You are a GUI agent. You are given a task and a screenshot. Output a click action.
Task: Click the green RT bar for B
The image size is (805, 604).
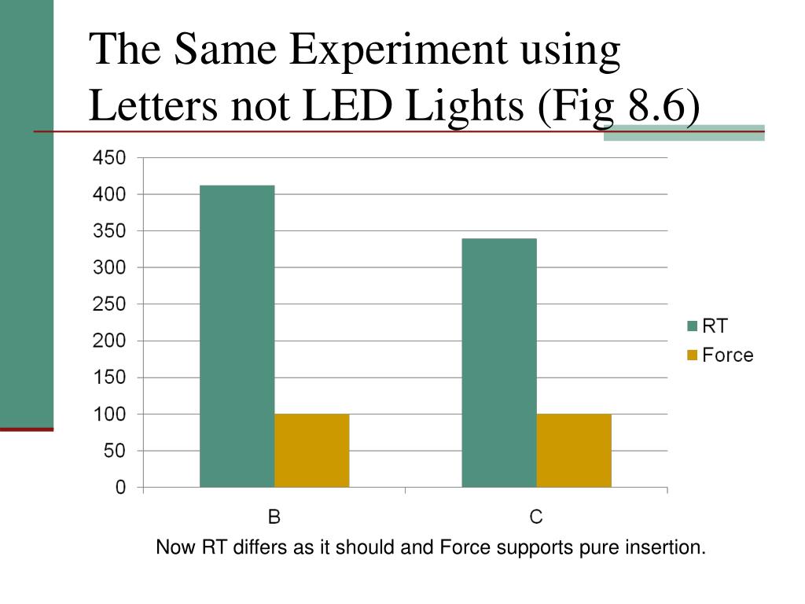[237, 337]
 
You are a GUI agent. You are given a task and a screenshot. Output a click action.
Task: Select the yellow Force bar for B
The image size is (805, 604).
[311, 451]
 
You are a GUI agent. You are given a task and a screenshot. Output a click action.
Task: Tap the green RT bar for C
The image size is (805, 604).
[498, 363]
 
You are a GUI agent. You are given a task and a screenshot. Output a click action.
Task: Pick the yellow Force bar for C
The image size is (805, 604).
[573, 451]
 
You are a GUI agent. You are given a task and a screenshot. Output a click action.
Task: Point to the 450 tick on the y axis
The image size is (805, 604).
[109, 158]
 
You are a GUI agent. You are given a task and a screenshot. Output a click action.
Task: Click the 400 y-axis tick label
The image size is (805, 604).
[109, 194]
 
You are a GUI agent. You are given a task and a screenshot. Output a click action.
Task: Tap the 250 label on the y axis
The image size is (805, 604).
[109, 304]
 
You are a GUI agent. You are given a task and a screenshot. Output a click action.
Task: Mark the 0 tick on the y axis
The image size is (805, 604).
[120, 488]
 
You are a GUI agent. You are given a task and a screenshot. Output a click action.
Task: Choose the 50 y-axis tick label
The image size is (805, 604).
[115, 451]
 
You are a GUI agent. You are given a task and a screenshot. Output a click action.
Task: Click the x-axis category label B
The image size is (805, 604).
[274, 517]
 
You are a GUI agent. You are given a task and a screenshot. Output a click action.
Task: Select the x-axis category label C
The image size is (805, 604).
[536, 517]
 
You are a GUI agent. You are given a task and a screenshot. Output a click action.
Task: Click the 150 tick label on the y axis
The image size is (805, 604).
[109, 377]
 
